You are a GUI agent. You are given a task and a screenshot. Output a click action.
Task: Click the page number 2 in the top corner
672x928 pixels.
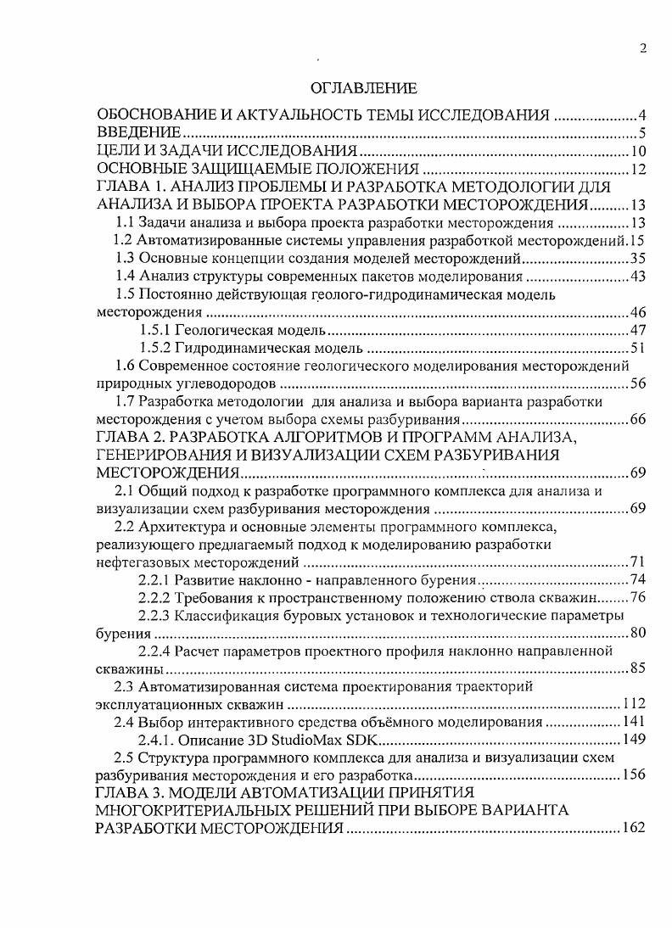point(642,48)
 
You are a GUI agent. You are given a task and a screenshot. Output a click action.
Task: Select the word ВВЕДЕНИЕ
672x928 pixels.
point(139,133)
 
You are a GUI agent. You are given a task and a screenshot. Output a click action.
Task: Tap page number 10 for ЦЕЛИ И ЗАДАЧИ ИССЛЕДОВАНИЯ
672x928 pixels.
point(639,152)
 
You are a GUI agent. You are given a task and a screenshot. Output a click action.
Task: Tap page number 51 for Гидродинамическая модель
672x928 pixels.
point(639,348)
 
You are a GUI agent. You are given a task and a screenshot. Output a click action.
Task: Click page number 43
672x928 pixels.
point(639,277)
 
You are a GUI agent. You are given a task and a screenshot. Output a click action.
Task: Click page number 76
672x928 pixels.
point(639,597)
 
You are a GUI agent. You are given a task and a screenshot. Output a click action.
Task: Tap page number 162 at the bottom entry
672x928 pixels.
point(635,828)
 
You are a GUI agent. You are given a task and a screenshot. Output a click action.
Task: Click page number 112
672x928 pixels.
point(635,704)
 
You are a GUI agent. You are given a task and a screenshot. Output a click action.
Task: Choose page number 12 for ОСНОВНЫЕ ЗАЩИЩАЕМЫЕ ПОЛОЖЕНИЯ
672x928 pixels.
point(639,170)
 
